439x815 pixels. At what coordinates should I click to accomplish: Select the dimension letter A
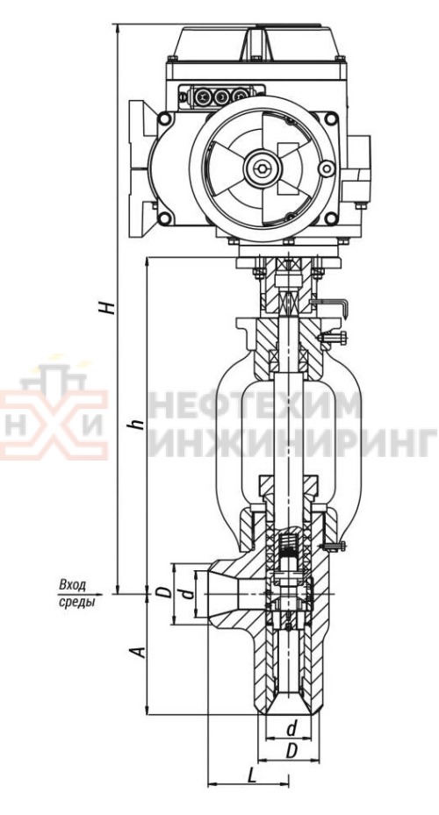point(139,651)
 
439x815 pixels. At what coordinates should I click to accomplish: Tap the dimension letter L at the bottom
point(252,776)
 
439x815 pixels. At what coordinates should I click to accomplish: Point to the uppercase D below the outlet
point(291,751)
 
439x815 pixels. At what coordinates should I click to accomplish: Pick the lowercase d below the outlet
point(291,729)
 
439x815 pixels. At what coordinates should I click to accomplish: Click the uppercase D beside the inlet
point(164,592)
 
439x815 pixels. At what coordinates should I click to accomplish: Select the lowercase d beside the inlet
point(188,593)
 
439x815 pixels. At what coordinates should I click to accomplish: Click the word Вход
point(73,585)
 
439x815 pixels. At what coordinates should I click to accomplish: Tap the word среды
point(76,603)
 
